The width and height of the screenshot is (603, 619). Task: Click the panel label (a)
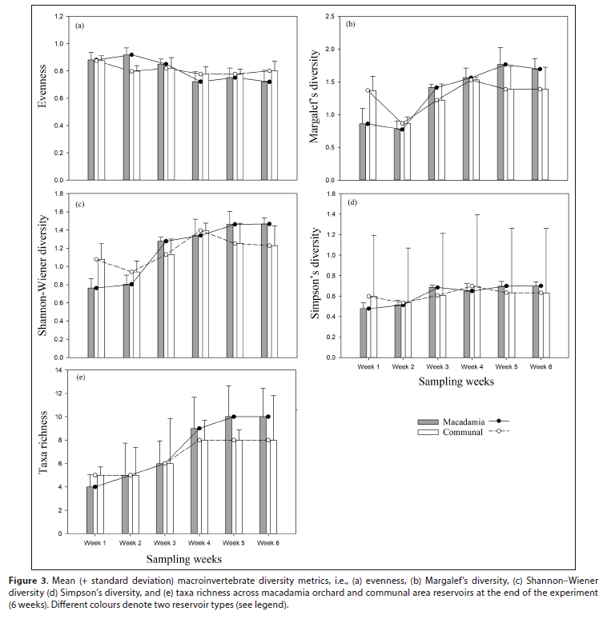pos(79,26)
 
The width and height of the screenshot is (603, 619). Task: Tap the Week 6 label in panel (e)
pos(269,542)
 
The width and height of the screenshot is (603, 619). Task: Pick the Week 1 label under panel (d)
pos(368,366)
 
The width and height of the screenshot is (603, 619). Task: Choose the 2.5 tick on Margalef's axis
pos(337,16)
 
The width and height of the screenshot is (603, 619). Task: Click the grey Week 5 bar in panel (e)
pos(228,474)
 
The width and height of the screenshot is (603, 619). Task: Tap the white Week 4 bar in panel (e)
pos(204,486)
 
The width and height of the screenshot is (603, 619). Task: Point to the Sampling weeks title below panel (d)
pos(456,382)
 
